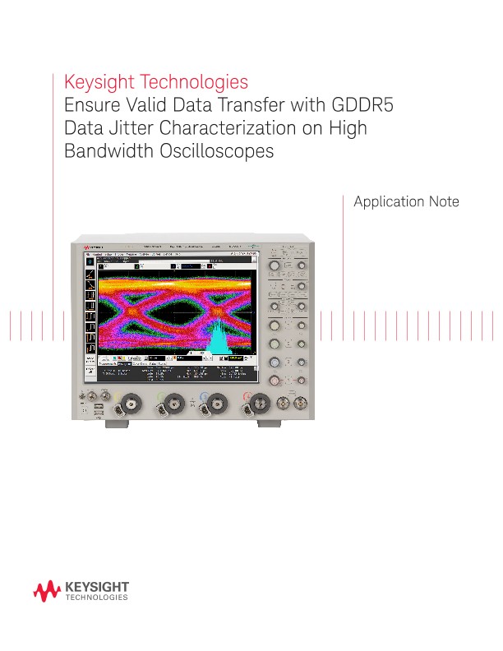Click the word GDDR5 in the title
click(367, 106)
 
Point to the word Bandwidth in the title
click(103, 152)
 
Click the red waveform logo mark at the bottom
click(46, 590)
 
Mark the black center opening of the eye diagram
click(169, 316)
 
